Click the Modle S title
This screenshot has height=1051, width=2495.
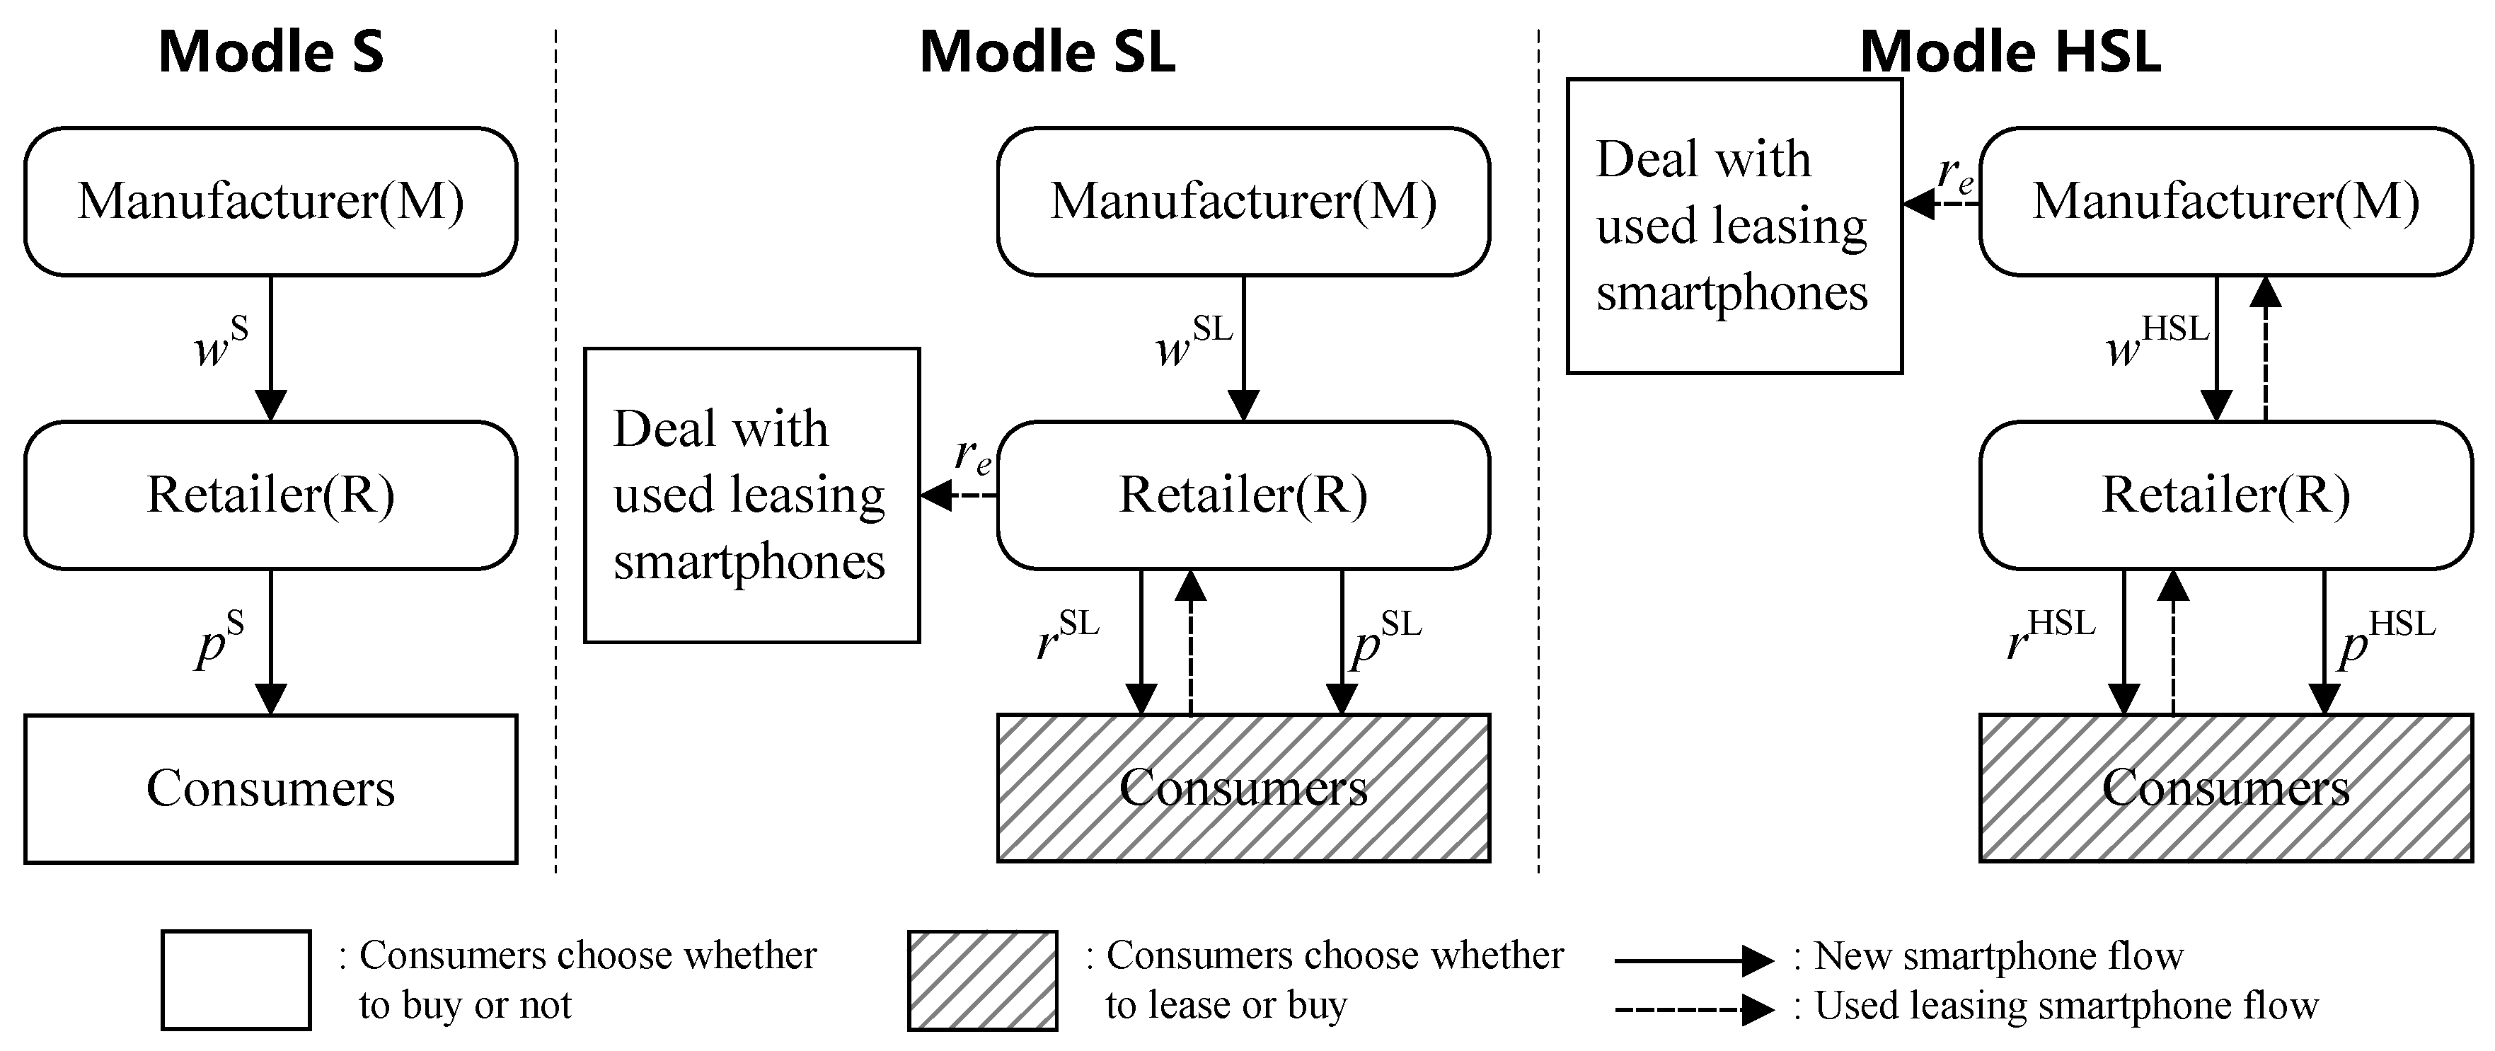coord(270,52)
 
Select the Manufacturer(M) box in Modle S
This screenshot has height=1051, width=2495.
coord(270,202)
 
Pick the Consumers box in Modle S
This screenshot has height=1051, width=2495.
coord(270,788)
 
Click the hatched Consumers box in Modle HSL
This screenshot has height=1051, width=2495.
coord(2225,788)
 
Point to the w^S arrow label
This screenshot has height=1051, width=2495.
coord(221,344)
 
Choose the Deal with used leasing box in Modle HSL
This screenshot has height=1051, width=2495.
coord(1734,226)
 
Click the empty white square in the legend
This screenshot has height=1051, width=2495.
coord(236,980)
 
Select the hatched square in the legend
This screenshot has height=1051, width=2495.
coord(982,980)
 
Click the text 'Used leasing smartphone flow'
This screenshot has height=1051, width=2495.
coord(2065,1006)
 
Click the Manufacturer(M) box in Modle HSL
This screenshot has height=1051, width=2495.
coord(2225,202)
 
